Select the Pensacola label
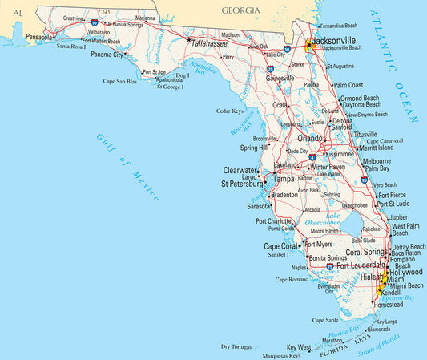click(x=38, y=37)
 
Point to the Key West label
click(x=299, y=347)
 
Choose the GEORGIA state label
click(x=241, y=10)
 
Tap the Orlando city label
click(x=310, y=137)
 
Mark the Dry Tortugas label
click(x=236, y=346)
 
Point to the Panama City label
click(x=107, y=55)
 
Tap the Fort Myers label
click(x=318, y=245)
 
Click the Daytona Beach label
click(x=361, y=105)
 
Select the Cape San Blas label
click(x=120, y=81)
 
